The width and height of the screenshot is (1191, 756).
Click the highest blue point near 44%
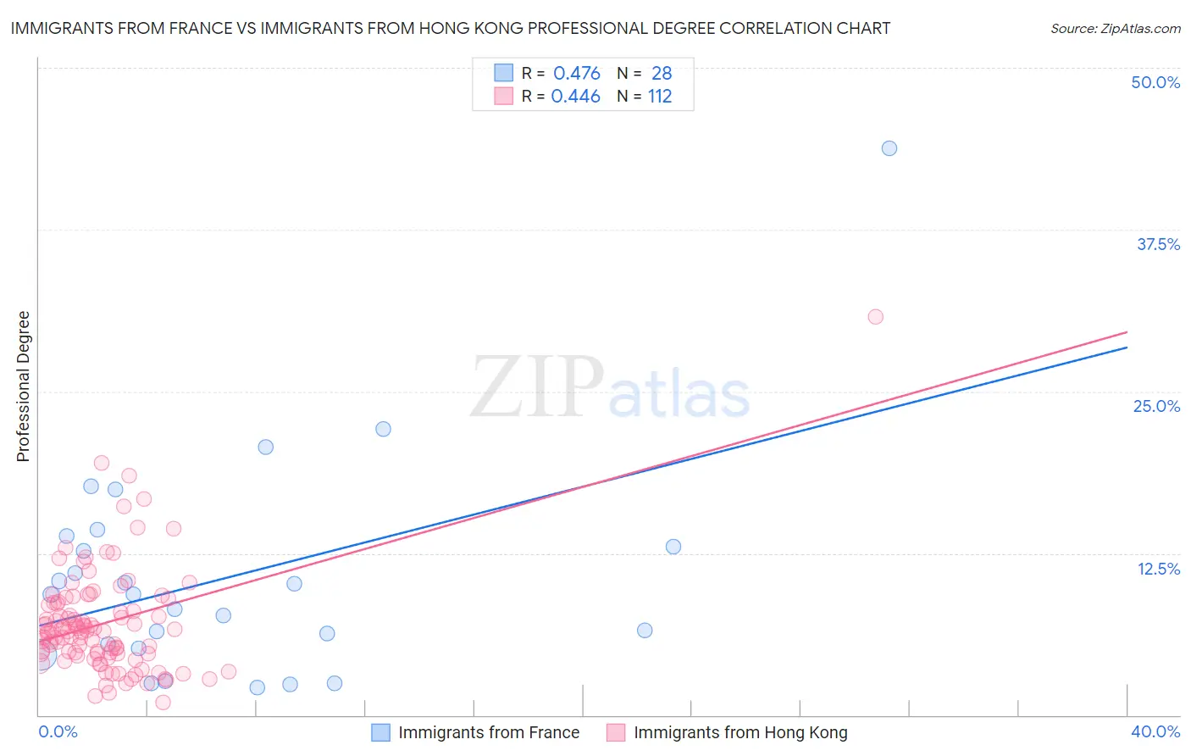(889, 148)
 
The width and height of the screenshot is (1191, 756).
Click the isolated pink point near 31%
(875, 317)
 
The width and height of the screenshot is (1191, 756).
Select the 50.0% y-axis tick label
(1155, 82)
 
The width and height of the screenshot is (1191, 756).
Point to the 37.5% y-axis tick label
(1158, 244)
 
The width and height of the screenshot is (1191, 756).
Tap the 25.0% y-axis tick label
(1156, 406)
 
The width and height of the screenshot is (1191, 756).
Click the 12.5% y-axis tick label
(1158, 569)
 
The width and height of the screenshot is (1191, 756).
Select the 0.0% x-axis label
(58, 731)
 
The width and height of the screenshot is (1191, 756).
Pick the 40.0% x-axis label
(1155, 731)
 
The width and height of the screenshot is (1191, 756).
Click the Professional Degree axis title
(23, 386)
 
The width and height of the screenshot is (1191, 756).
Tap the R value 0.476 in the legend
(576, 74)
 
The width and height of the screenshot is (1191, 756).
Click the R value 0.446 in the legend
(575, 97)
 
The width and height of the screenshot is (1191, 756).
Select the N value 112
(660, 97)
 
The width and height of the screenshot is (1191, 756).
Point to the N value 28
(662, 74)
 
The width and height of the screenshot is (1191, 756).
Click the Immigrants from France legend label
(489, 733)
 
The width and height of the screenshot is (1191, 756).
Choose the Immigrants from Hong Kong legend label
(740, 733)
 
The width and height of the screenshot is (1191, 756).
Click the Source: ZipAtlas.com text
(1115, 29)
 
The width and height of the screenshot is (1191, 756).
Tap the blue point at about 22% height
(383, 429)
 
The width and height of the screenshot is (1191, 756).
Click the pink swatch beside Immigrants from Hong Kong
(616, 733)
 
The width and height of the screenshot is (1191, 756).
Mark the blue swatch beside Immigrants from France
(381, 733)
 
